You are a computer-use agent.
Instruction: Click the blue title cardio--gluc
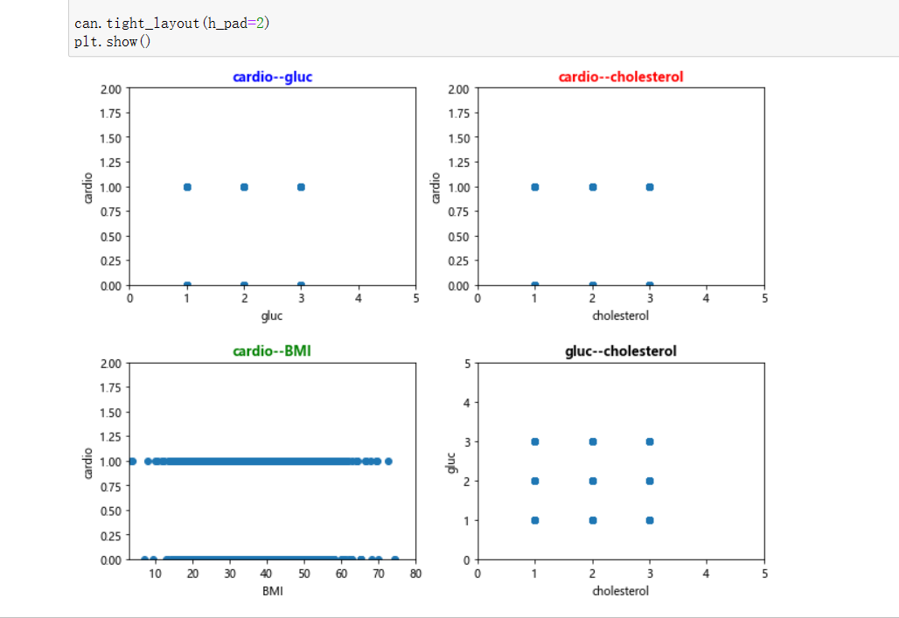pyautogui.click(x=272, y=77)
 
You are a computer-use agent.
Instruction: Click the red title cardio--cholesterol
pyautogui.click(x=621, y=77)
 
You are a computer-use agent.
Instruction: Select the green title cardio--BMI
pyautogui.click(x=272, y=351)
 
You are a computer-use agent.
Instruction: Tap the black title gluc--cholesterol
pyautogui.click(x=621, y=351)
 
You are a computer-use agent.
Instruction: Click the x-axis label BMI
pyautogui.click(x=272, y=592)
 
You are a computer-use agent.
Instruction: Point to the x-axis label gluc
pyautogui.click(x=272, y=316)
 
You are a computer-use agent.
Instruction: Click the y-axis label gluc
pyautogui.click(x=451, y=462)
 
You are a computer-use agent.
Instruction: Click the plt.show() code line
pyautogui.click(x=113, y=42)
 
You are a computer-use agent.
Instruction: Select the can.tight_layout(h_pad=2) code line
pyautogui.click(x=171, y=24)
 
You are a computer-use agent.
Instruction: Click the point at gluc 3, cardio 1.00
pyautogui.click(x=301, y=187)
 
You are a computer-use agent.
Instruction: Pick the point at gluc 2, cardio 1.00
pyautogui.click(x=244, y=187)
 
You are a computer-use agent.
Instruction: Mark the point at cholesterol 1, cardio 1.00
pyautogui.click(x=535, y=187)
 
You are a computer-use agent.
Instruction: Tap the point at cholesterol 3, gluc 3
pyautogui.click(x=650, y=441)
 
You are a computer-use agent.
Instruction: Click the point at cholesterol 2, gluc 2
pyautogui.click(x=593, y=481)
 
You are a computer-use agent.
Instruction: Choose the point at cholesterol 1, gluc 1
pyautogui.click(x=535, y=520)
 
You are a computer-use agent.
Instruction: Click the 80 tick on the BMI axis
pyautogui.click(x=415, y=574)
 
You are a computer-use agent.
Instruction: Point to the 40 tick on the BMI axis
pyautogui.click(x=267, y=574)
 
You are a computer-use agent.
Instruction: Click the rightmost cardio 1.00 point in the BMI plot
pyautogui.click(x=388, y=461)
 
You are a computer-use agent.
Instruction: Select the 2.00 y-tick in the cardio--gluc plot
pyautogui.click(x=110, y=89)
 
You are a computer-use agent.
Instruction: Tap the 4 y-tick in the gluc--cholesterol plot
pyautogui.click(x=466, y=402)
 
